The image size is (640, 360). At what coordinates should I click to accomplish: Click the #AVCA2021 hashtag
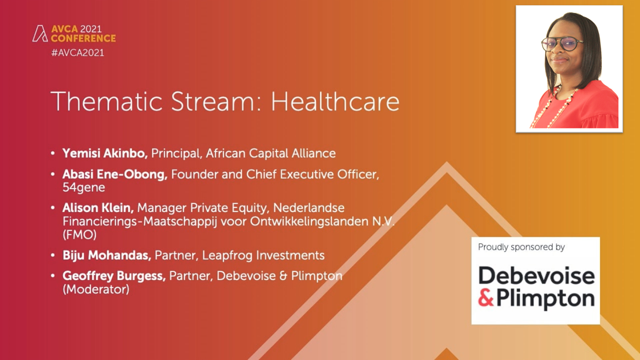[x=78, y=53]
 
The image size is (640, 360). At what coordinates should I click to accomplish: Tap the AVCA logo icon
[x=40, y=33]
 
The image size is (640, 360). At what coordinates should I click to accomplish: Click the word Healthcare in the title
[x=335, y=102]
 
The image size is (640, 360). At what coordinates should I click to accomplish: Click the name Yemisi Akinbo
[x=105, y=153]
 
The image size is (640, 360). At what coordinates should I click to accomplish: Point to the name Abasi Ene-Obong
[x=115, y=174]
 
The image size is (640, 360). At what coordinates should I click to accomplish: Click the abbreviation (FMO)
[x=79, y=235]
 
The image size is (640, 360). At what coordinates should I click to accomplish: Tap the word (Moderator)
[x=96, y=290]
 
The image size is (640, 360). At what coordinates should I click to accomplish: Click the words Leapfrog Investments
[x=263, y=256]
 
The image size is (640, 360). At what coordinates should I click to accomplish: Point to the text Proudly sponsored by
[x=522, y=247]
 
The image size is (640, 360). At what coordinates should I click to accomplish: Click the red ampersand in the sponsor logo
[x=486, y=298]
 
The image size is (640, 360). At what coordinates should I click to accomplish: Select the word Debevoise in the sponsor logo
[x=537, y=276]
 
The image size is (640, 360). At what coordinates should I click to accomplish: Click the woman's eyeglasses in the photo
[x=562, y=44]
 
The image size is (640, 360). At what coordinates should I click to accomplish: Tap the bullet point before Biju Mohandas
[x=53, y=255]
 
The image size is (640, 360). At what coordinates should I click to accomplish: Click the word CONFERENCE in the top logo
[x=83, y=38]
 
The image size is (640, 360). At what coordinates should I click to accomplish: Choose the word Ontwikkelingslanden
[x=309, y=221]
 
